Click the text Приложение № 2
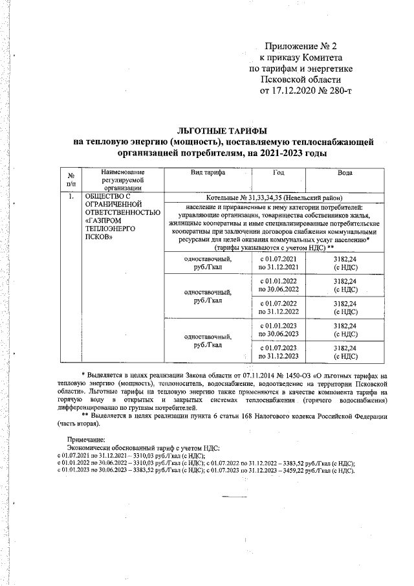pyautogui.click(x=301, y=46)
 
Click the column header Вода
pyautogui.click(x=345, y=174)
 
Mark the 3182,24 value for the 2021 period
pyautogui.click(x=345, y=262)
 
